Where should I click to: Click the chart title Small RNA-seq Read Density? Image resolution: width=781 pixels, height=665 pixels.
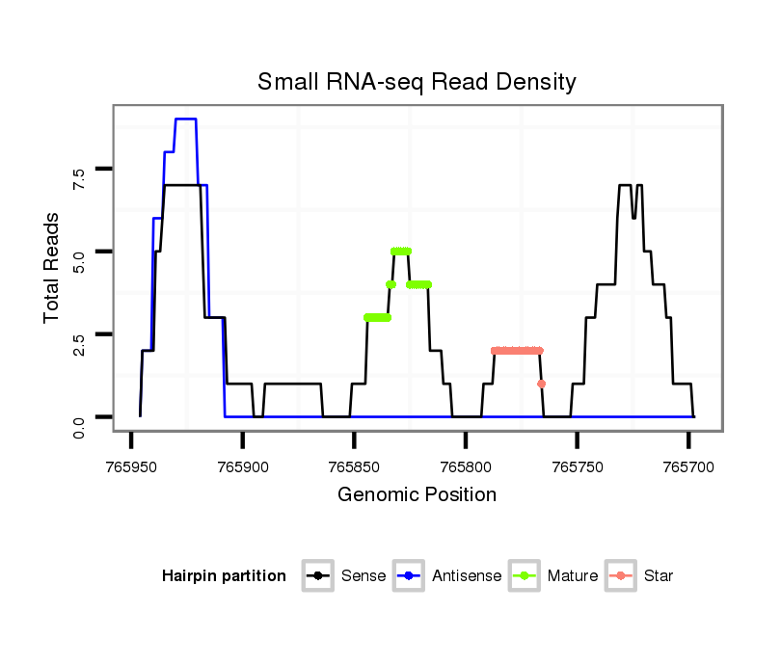tap(417, 82)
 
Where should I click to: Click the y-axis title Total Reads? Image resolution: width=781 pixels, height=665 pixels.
tap(52, 267)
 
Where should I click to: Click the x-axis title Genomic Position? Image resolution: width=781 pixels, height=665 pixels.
tap(417, 495)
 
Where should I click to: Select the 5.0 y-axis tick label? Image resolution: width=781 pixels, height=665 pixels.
tap(79, 253)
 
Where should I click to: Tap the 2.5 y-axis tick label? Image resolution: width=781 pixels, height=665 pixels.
tap(79, 334)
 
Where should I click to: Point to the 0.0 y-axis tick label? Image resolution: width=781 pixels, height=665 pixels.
tap(79, 417)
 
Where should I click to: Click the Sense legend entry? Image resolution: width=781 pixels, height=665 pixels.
tap(363, 576)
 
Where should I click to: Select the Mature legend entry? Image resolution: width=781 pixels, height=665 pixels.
tap(572, 576)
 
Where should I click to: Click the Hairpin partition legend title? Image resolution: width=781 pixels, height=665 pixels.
tap(225, 576)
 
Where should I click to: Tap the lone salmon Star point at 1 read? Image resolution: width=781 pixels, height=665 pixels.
tap(542, 384)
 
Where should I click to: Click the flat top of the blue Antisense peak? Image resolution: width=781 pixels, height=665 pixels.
tap(185, 120)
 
